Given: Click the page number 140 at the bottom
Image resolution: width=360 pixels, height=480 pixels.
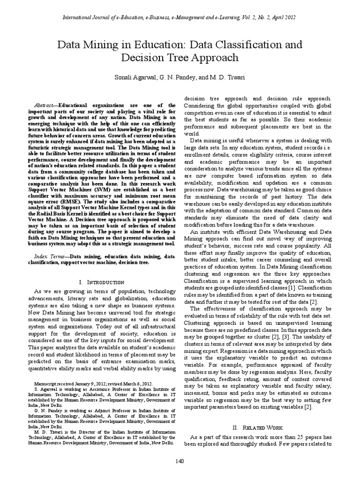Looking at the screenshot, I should click(x=180, y=462).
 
